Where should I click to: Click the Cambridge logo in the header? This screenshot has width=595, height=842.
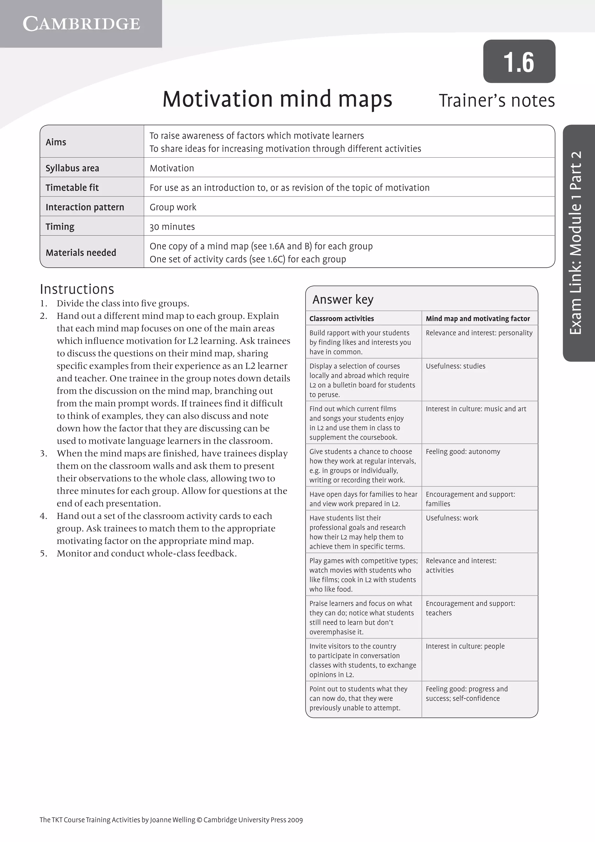(x=81, y=24)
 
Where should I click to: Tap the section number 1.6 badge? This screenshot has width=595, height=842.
(x=519, y=62)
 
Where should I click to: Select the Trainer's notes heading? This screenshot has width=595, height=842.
(x=497, y=101)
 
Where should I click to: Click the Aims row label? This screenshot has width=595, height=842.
(x=56, y=142)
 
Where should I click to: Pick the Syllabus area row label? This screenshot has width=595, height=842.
(x=72, y=168)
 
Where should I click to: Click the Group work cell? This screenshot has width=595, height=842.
(x=173, y=207)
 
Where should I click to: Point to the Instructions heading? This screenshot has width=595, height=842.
(x=77, y=289)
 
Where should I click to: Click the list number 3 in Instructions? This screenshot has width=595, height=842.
(x=44, y=453)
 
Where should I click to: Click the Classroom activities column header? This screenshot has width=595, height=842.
(x=341, y=318)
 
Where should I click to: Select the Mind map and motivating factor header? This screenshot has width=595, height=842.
(x=477, y=318)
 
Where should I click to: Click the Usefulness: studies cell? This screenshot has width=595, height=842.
(x=456, y=366)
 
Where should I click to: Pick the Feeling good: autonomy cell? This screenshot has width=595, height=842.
(x=463, y=452)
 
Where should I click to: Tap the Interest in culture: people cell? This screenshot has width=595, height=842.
(x=465, y=646)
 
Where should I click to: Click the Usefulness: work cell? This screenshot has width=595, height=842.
(x=452, y=518)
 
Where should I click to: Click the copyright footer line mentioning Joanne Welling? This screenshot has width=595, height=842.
(x=171, y=820)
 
